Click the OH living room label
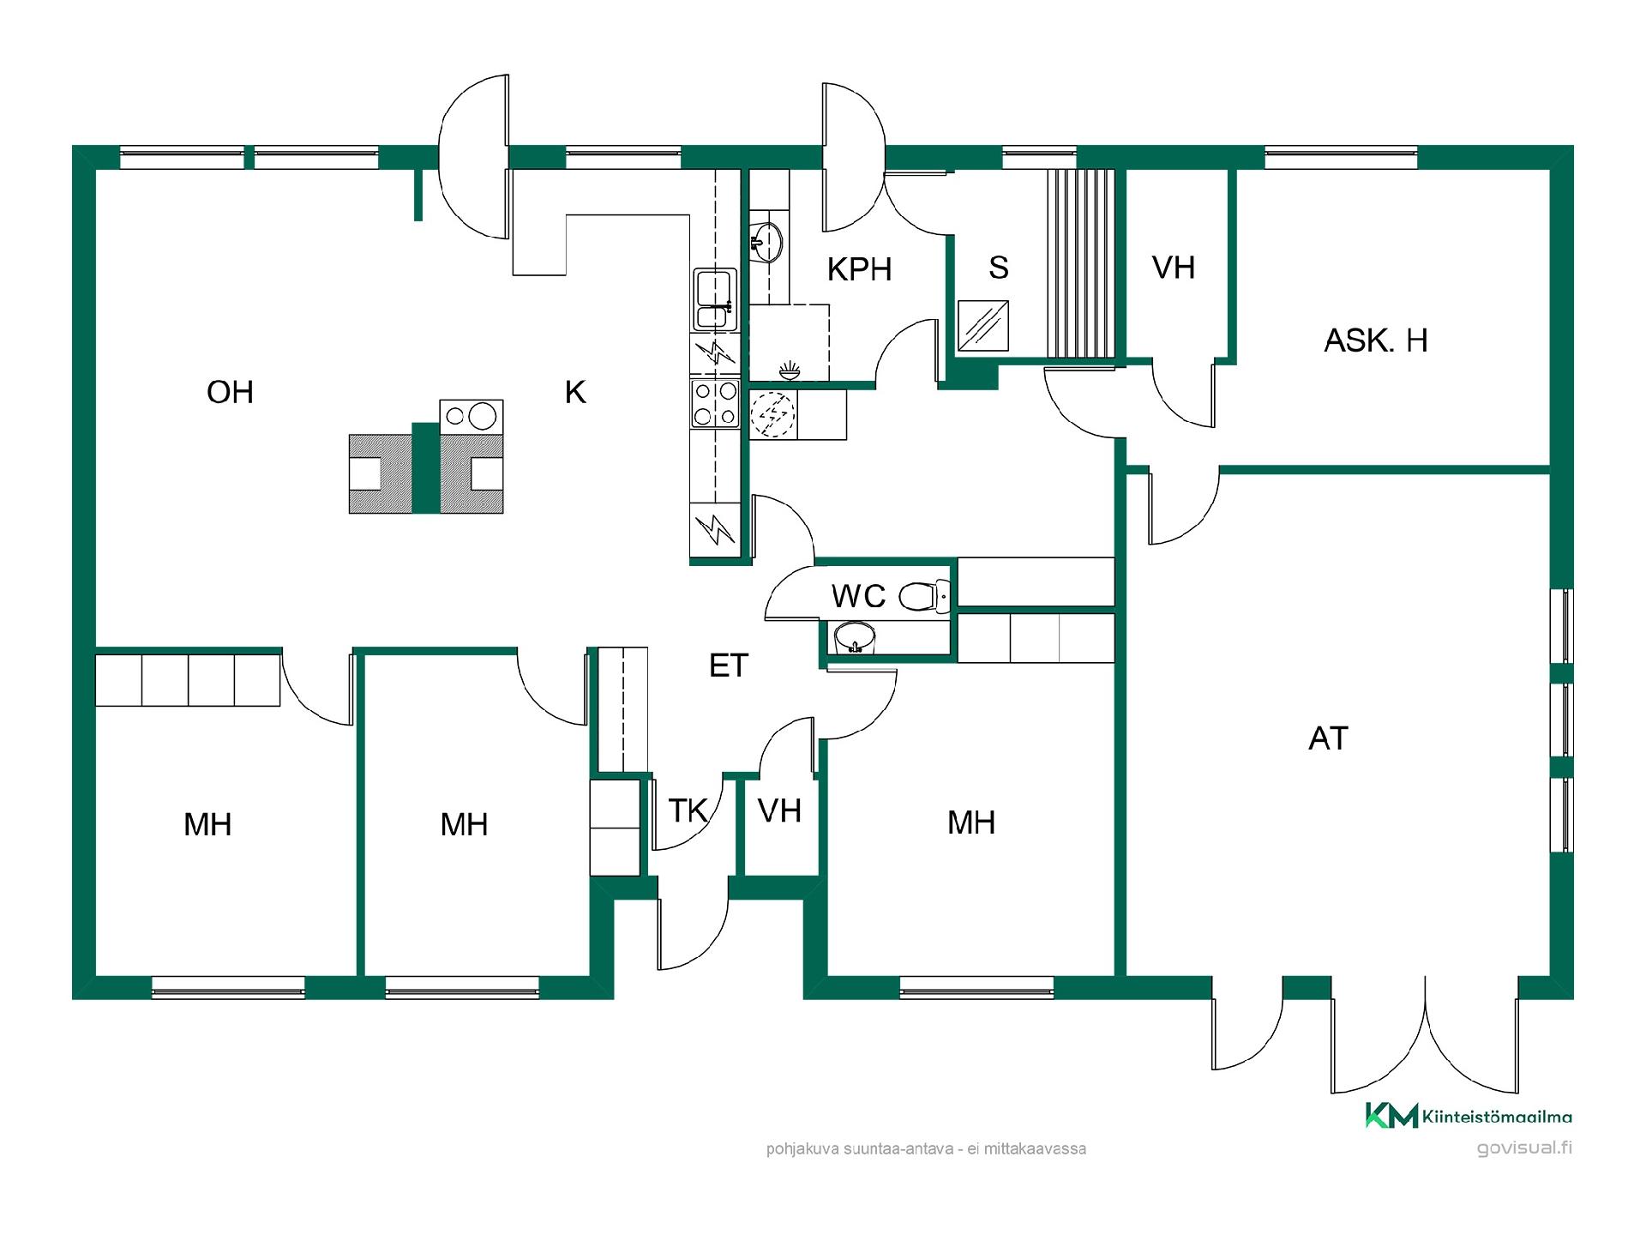230,392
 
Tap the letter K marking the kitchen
575,392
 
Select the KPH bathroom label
859,269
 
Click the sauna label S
998,268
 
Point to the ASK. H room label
1376,340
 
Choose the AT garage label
1328,738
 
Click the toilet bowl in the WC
925,594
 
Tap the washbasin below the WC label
854,637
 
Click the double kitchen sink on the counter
715,299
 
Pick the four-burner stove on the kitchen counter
715,403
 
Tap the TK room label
688,810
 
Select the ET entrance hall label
729,666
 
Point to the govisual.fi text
1524,1148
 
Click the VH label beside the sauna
1173,268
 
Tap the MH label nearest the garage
971,822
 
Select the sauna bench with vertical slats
1082,262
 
